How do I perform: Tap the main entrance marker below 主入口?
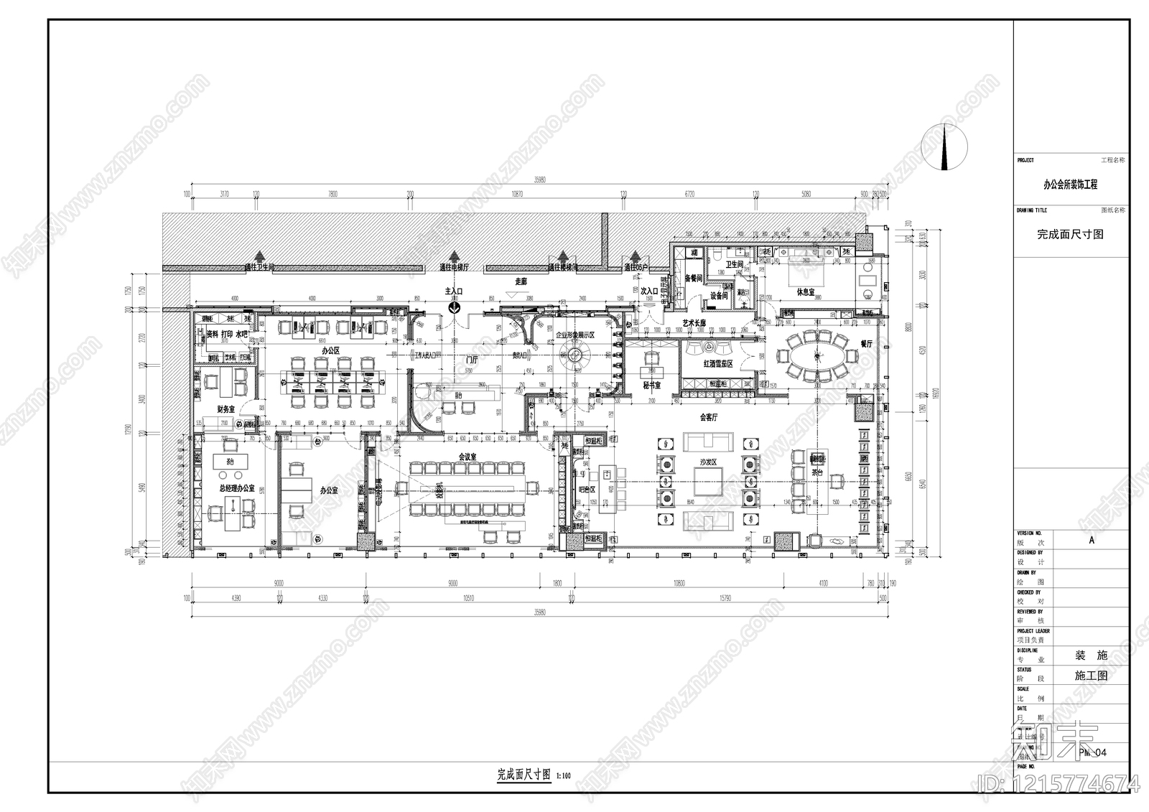[455, 307]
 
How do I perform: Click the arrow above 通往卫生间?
[259, 257]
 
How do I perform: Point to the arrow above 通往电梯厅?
[454, 257]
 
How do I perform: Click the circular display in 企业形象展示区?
[575, 353]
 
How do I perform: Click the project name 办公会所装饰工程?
[1070, 185]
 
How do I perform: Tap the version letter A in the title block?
[1092, 541]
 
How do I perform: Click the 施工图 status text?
[1091, 676]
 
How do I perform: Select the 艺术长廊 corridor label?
[694, 323]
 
